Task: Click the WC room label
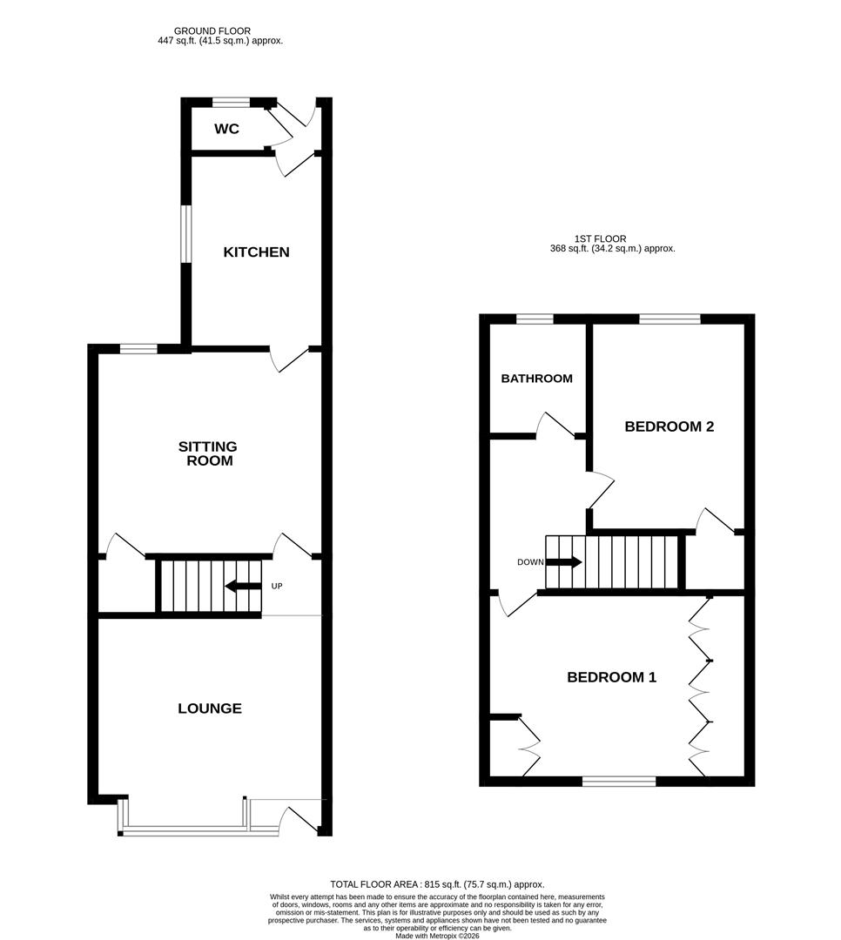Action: pos(226,130)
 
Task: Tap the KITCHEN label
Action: pos(256,252)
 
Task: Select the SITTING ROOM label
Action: pos(208,453)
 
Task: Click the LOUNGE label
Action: pos(210,708)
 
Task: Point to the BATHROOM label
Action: pos(536,379)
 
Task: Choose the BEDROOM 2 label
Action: pos(669,426)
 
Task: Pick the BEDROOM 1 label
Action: pos(611,677)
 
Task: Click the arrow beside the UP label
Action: pos(242,586)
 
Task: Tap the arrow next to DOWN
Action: pos(563,562)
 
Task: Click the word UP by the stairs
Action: pos(277,586)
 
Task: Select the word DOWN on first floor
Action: pos(529,562)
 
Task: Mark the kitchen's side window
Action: pos(185,232)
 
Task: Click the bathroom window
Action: pos(535,319)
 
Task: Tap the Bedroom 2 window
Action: pos(669,319)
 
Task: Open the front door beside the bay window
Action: pos(300,818)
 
